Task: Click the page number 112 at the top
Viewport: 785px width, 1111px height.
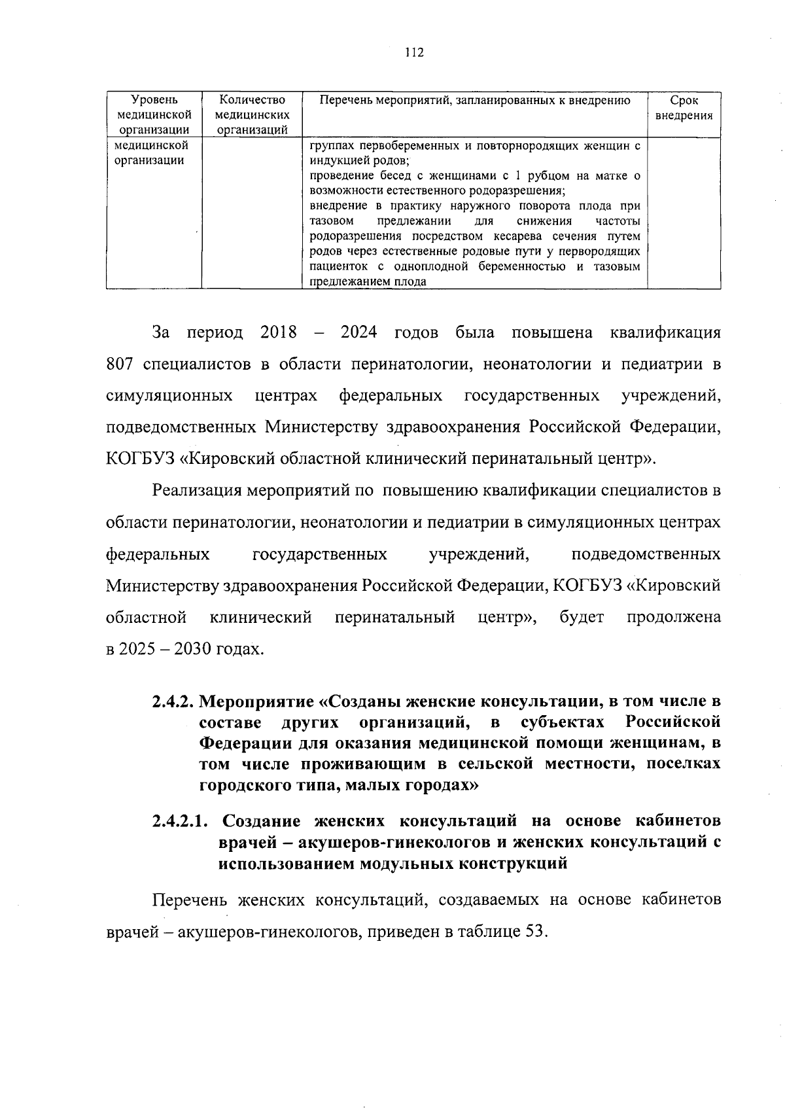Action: [415, 53]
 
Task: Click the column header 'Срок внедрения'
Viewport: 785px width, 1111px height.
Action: [684, 108]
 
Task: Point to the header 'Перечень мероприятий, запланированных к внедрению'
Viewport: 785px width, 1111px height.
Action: [474, 100]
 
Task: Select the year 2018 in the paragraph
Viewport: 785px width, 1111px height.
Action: [278, 332]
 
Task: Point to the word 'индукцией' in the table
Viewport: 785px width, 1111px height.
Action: [334, 161]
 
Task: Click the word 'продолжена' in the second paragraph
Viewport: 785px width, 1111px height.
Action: [674, 617]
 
